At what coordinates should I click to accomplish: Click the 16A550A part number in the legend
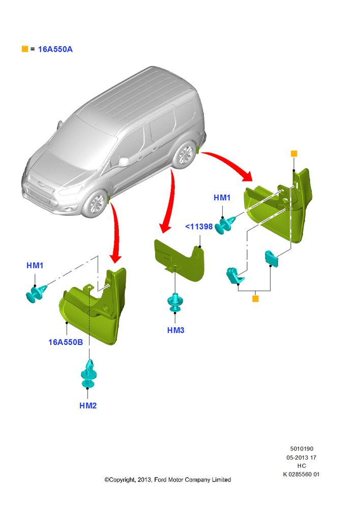(x=55, y=49)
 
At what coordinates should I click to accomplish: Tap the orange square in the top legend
(x=24, y=49)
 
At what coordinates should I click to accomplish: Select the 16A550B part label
(x=66, y=342)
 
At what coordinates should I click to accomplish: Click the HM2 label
(x=88, y=405)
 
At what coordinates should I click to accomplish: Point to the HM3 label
(x=176, y=330)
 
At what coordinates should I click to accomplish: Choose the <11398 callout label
(x=199, y=227)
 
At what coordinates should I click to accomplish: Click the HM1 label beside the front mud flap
(x=35, y=266)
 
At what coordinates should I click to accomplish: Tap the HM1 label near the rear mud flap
(x=222, y=198)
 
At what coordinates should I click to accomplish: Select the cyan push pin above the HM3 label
(x=175, y=302)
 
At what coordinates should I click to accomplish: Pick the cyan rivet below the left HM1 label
(x=36, y=293)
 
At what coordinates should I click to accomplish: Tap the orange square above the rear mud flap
(x=294, y=153)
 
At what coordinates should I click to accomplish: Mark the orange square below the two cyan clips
(x=256, y=299)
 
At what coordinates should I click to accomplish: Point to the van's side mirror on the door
(x=124, y=162)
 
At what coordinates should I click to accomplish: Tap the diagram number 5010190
(x=302, y=449)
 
